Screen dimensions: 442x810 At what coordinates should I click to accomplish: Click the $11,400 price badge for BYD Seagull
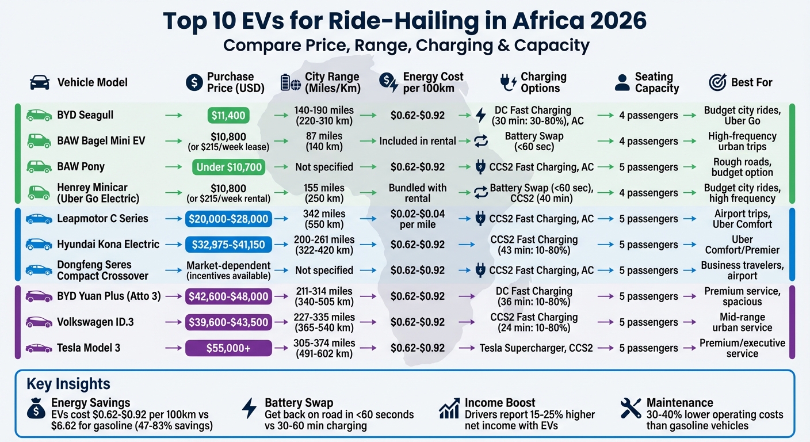228,115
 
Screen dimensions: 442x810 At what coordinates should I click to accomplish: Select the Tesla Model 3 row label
88,348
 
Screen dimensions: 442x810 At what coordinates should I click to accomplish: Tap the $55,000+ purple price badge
228,348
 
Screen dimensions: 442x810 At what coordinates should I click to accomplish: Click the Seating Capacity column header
656,82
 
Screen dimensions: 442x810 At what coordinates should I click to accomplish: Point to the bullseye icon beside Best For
717,82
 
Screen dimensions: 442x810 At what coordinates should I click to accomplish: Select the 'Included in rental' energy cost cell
418,141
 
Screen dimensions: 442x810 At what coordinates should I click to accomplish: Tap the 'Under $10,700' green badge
228,167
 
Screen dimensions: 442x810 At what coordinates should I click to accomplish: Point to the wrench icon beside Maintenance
631,409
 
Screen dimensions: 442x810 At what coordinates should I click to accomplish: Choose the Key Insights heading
68,384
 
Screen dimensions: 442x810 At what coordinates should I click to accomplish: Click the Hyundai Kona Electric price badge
228,245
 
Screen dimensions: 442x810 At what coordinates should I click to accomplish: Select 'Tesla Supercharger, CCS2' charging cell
536,348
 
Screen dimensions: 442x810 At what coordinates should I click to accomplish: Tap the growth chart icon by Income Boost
448,409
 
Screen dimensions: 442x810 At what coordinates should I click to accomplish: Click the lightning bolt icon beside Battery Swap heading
249,409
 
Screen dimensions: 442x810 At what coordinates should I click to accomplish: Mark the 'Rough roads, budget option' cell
742,167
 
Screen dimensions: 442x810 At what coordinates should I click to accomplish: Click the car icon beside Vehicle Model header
39,82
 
